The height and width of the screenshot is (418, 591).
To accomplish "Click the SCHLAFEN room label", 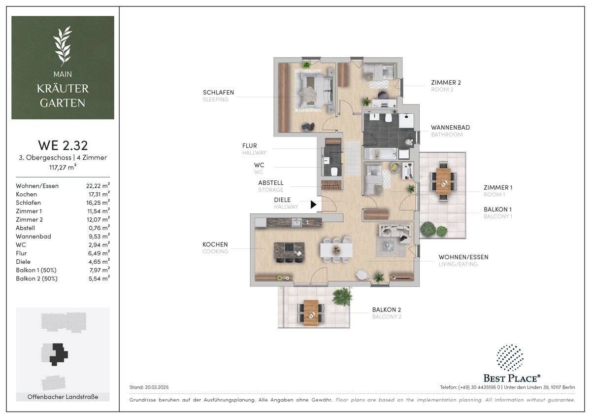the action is tap(218, 92).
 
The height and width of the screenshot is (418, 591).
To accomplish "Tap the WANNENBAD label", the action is tap(450, 128).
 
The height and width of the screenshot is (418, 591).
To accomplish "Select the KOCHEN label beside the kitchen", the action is tap(215, 244).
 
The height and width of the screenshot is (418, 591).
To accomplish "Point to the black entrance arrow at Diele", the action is tap(313, 205).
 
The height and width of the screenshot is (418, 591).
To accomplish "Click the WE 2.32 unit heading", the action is tap(63, 145).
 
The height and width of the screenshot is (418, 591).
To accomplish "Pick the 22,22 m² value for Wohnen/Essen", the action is tap(98, 185).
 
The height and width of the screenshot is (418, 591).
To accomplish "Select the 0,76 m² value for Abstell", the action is tap(99, 228).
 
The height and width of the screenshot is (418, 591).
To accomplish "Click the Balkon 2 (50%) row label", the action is tap(36, 279).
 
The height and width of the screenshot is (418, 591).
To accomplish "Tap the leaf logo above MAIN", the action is tap(63, 46).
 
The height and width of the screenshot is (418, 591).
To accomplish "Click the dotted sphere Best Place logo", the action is tap(510, 357).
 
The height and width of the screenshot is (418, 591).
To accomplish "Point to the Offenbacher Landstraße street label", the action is tap(63, 397).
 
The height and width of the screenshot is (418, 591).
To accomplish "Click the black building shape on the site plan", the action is tap(59, 354).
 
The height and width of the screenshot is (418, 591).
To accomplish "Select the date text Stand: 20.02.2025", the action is tap(149, 387).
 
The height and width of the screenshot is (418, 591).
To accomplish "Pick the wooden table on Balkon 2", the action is tap(311, 313).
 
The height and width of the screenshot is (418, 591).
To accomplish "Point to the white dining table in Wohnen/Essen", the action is tap(336, 250).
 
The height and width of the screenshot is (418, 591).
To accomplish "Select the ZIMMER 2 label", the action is tap(446, 83).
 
